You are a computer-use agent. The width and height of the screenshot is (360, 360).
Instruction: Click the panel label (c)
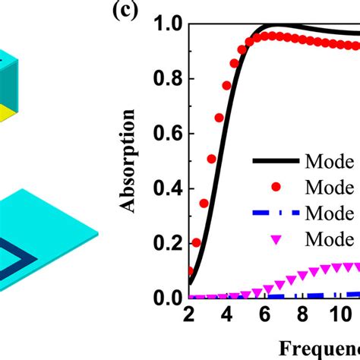[x=127, y=11]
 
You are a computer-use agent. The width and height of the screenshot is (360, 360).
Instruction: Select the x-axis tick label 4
[x=227, y=314]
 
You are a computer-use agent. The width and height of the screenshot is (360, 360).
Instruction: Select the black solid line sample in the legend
[x=274, y=161]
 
